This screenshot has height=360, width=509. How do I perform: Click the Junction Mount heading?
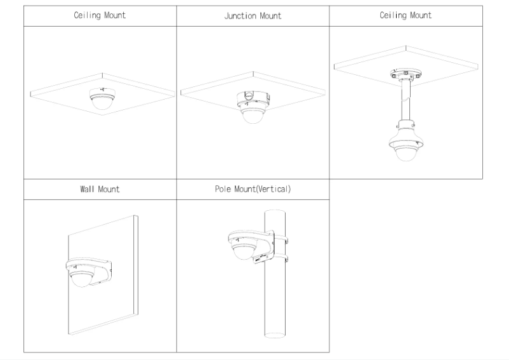pyautogui.click(x=253, y=16)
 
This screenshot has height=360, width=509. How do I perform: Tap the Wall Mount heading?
pyautogui.click(x=100, y=189)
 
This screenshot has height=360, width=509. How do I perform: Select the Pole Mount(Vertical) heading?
pyautogui.click(x=253, y=189)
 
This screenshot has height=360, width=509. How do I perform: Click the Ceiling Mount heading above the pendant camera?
pyautogui.click(x=406, y=16)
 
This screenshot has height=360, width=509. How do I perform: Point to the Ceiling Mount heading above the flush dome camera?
pyautogui.click(x=100, y=16)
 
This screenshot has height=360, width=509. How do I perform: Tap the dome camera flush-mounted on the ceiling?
pyautogui.click(x=100, y=100)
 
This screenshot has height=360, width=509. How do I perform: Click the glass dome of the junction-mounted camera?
pyautogui.click(x=252, y=116)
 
